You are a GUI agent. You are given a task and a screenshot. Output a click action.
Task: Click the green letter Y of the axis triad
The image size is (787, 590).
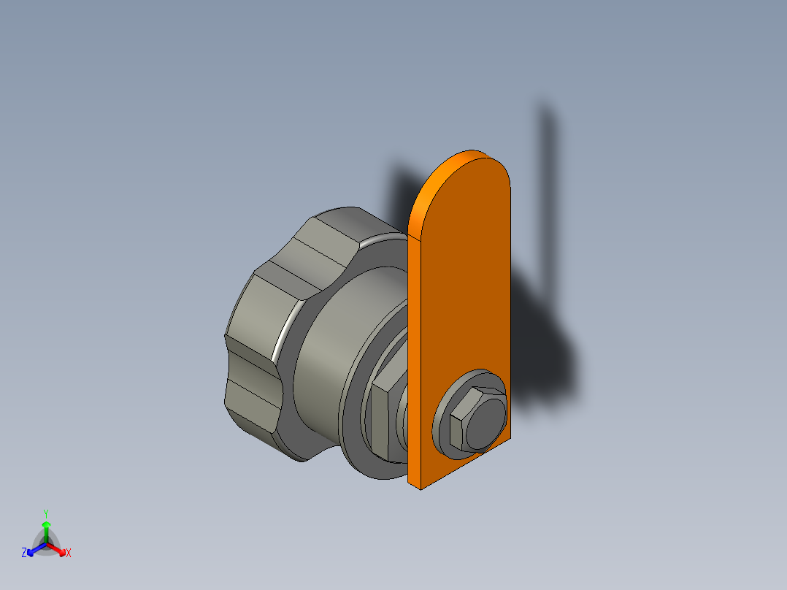45,513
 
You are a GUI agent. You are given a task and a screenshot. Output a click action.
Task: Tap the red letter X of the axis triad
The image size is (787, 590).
69,553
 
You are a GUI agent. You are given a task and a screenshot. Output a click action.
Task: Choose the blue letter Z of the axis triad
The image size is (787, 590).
24,553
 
